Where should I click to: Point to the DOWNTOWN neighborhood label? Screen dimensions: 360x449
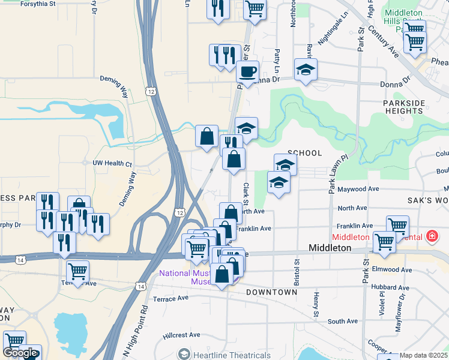pos(271,292)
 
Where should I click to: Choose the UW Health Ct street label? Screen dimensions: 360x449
pos(112,163)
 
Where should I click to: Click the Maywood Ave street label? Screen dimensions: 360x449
pos(358,189)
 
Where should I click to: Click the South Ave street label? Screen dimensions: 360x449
pos(343,322)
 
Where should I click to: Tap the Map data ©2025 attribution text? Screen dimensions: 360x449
pos(424,355)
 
